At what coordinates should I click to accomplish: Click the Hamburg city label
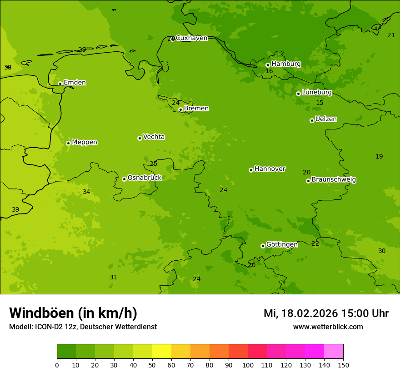pos(286,64)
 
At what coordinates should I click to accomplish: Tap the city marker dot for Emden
pos(60,84)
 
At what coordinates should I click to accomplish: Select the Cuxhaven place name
pos(191,38)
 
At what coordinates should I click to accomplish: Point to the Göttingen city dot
pos(263,246)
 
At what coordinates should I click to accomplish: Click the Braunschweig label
pos(334,180)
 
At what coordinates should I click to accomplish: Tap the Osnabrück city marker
pos(124,179)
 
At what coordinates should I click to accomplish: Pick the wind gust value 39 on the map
pos(15,209)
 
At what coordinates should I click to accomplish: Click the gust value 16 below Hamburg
pos(269,71)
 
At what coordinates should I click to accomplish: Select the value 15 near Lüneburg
pos(320,103)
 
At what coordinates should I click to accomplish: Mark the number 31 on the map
pos(113,277)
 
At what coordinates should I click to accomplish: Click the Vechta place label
pos(154,137)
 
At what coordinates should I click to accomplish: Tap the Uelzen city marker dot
pos(312,120)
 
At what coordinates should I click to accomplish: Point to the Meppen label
pos(85,142)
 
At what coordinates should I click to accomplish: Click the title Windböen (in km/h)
pos(73,313)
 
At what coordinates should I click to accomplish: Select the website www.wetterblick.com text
pos(328,327)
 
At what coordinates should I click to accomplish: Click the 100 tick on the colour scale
pos(248,365)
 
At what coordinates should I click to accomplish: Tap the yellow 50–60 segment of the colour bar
pos(162,352)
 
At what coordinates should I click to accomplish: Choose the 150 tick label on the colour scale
pos(343,365)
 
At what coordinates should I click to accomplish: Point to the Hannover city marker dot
pos(251,170)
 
